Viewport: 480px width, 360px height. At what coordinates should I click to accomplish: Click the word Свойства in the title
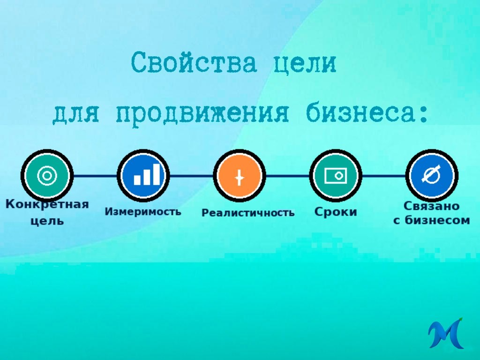click(194, 63)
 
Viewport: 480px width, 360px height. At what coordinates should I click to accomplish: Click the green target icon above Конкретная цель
click(47, 176)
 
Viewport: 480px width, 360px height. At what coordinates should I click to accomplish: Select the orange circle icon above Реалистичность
click(239, 176)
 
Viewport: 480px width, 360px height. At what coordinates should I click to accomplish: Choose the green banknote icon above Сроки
click(336, 176)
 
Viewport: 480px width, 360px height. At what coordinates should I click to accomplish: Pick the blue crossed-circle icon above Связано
click(431, 176)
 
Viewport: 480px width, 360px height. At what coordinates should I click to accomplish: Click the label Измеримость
click(142, 211)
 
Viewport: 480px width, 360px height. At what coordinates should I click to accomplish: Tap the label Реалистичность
click(248, 213)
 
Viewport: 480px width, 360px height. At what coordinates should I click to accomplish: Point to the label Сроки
click(335, 212)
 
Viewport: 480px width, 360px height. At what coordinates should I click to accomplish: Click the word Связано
click(431, 206)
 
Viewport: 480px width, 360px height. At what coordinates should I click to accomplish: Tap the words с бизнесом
click(431, 220)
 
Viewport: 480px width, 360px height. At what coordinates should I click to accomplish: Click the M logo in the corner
click(445, 333)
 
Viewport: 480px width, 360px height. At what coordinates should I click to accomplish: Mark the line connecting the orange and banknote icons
click(287, 176)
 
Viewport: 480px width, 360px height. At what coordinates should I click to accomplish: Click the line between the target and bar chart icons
click(95, 176)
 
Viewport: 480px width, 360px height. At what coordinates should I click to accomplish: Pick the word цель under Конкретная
click(47, 221)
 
